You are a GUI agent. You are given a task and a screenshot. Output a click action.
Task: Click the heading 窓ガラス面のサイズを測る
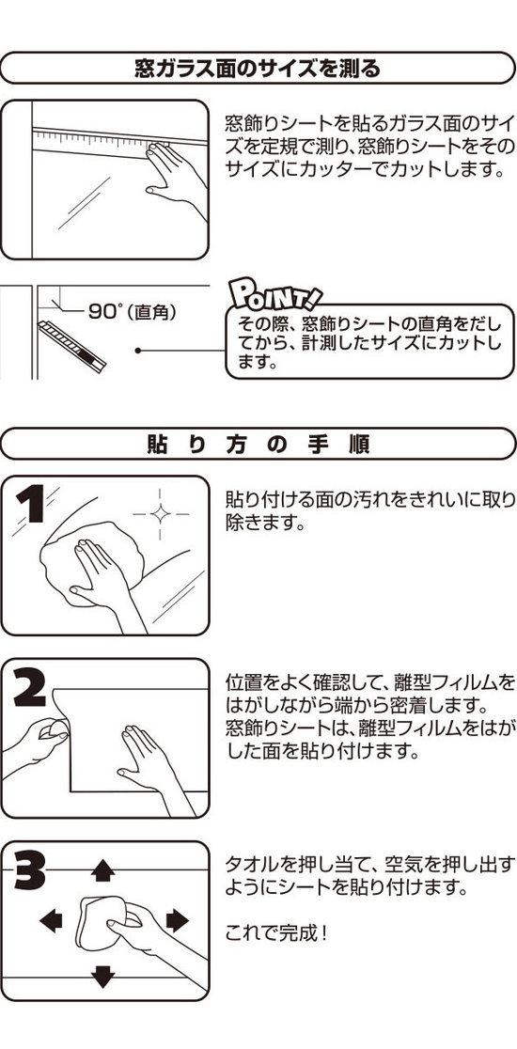click(258, 69)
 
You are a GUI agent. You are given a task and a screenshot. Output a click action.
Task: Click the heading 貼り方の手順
click(258, 445)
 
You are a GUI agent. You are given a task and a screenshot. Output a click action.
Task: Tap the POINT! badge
click(274, 292)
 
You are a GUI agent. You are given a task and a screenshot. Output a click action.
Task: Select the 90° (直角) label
click(131, 312)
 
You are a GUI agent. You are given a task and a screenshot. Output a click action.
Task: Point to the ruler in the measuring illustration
click(120, 141)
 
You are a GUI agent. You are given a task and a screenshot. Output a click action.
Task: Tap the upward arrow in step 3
click(102, 869)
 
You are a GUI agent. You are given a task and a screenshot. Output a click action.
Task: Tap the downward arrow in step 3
click(102, 976)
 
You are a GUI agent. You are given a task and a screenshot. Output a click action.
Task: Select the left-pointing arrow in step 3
click(51, 920)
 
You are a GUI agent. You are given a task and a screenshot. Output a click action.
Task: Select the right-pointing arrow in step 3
click(178, 920)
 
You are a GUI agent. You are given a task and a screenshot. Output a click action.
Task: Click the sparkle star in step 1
click(161, 514)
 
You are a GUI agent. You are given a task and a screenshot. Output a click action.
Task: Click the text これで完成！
click(277, 932)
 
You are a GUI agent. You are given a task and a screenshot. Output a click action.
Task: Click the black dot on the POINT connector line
click(138, 350)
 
